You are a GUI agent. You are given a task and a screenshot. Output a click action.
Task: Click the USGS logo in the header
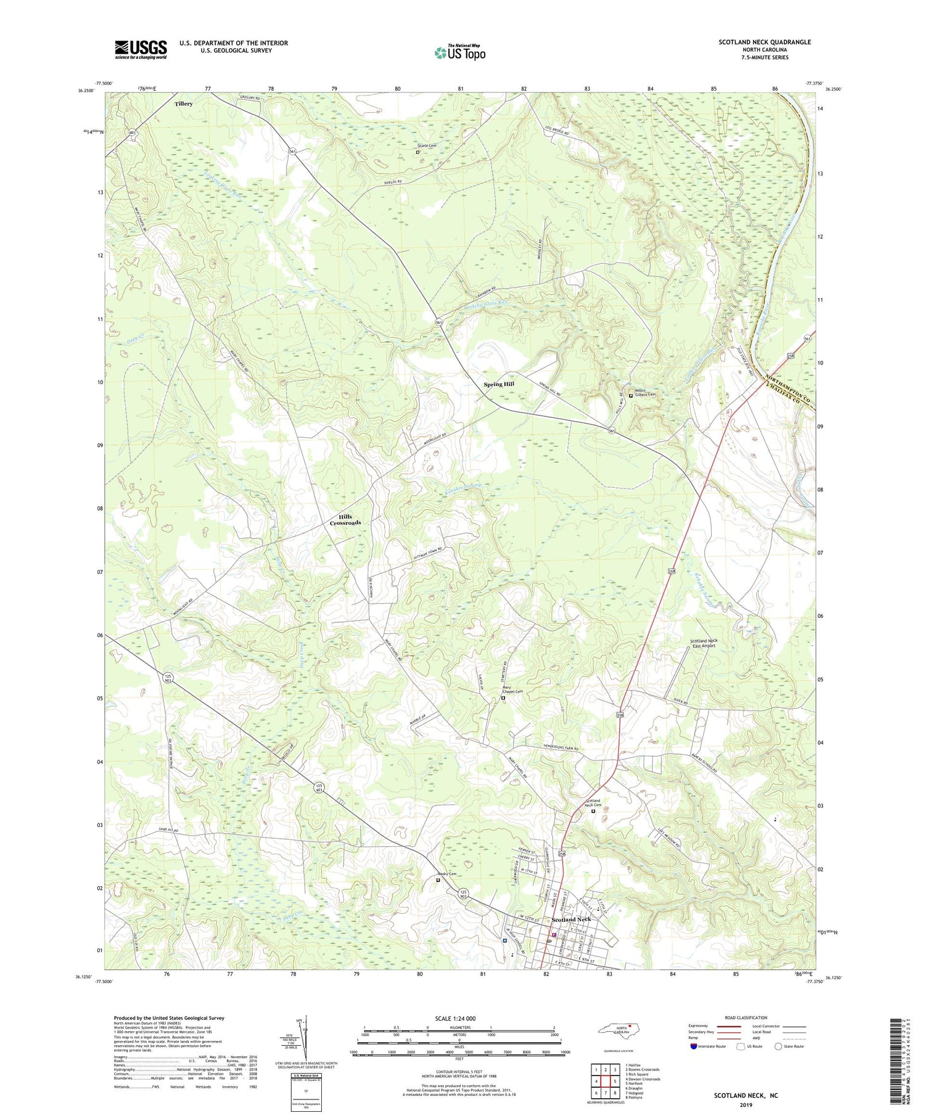point(141,49)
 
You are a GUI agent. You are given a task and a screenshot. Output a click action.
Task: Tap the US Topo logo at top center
point(459,53)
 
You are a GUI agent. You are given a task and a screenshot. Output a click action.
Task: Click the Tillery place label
point(183,104)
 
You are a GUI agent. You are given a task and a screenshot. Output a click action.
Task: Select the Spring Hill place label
point(498,384)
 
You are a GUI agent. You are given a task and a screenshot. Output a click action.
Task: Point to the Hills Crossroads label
point(345,520)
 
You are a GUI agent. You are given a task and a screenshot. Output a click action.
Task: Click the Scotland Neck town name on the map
point(571,919)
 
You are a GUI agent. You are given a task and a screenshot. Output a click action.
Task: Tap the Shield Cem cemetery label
point(427,146)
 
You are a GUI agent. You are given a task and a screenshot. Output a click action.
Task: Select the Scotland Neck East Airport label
point(703,643)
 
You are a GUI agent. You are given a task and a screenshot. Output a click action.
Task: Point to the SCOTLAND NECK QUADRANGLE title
point(764,42)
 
